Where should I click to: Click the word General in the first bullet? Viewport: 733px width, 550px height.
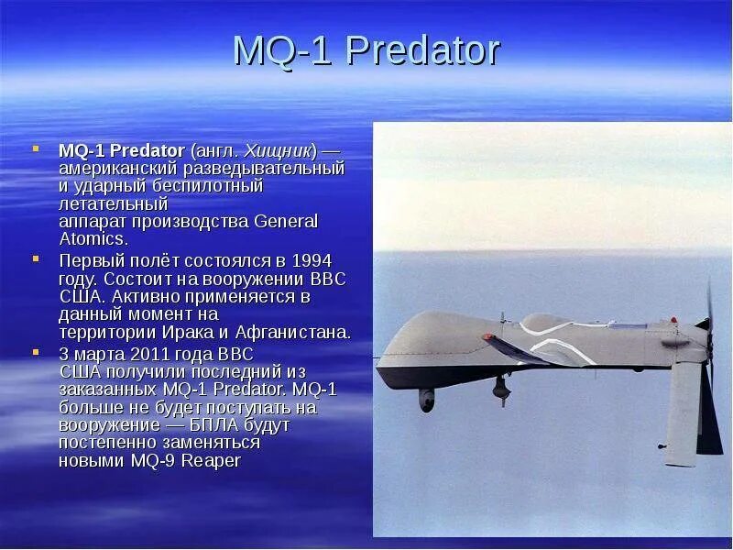click(x=286, y=221)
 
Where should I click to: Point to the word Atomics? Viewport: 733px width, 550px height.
click(x=91, y=238)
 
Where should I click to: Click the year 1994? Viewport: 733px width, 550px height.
click(x=312, y=260)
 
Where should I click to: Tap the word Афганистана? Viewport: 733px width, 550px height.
click(x=292, y=332)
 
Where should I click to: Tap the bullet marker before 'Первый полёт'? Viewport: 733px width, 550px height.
click(x=37, y=260)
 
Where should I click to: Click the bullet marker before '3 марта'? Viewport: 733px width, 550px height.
click(x=37, y=354)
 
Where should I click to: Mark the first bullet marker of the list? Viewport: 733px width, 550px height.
click(x=37, y=149)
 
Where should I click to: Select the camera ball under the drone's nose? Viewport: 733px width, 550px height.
click(x=427, y=399)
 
